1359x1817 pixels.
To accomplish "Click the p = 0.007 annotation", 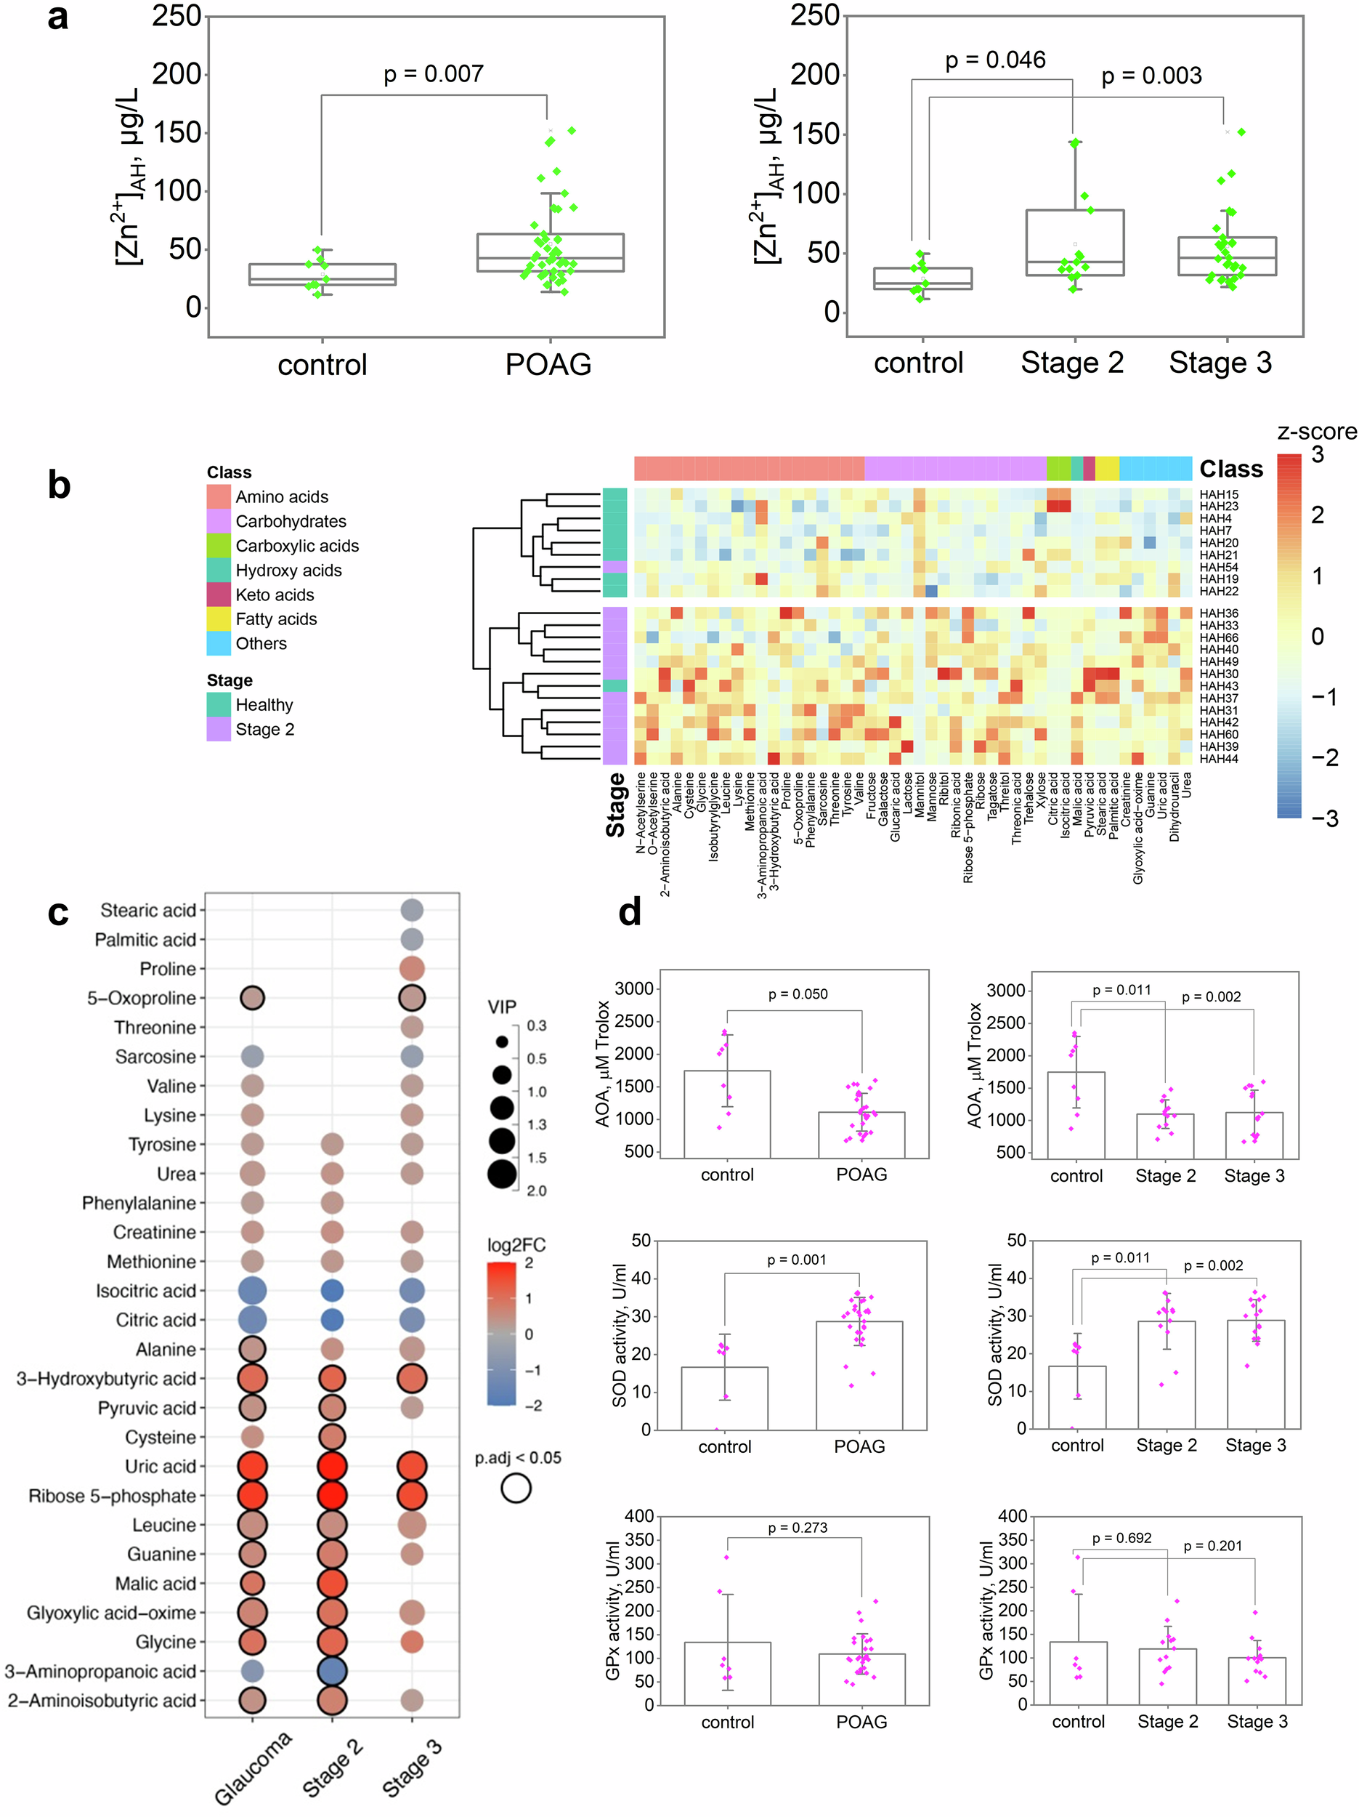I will click(433, 74).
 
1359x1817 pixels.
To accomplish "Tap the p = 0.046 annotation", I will click(994, 60).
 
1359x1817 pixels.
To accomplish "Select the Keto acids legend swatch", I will click(219, 594).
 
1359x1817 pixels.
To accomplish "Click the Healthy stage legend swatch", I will click(219, 704).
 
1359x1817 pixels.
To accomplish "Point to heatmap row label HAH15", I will click(1219, 494).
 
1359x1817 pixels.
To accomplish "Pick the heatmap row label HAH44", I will click(1219, 759).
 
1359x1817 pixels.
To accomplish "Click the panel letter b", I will click(59, 485).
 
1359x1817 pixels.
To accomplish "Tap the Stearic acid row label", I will click(147, 910).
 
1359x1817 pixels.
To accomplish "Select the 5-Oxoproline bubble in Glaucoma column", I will click(252, 998).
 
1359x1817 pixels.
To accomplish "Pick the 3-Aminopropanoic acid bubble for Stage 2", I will click(332, 1671).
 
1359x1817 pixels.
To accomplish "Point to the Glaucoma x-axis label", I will click(253, 1768).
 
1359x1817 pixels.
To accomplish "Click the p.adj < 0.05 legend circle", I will click(516, 1488).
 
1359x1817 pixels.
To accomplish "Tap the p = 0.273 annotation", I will click(798, 1528).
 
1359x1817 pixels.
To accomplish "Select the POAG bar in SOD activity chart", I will click(859, 1375).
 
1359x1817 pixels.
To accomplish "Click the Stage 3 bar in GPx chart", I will click(1257, 1680).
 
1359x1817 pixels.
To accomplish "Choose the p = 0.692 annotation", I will click(1121, 1538).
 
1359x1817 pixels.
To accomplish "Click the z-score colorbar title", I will click(1316, 431).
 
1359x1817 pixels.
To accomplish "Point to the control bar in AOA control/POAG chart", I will click(727, 1114).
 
